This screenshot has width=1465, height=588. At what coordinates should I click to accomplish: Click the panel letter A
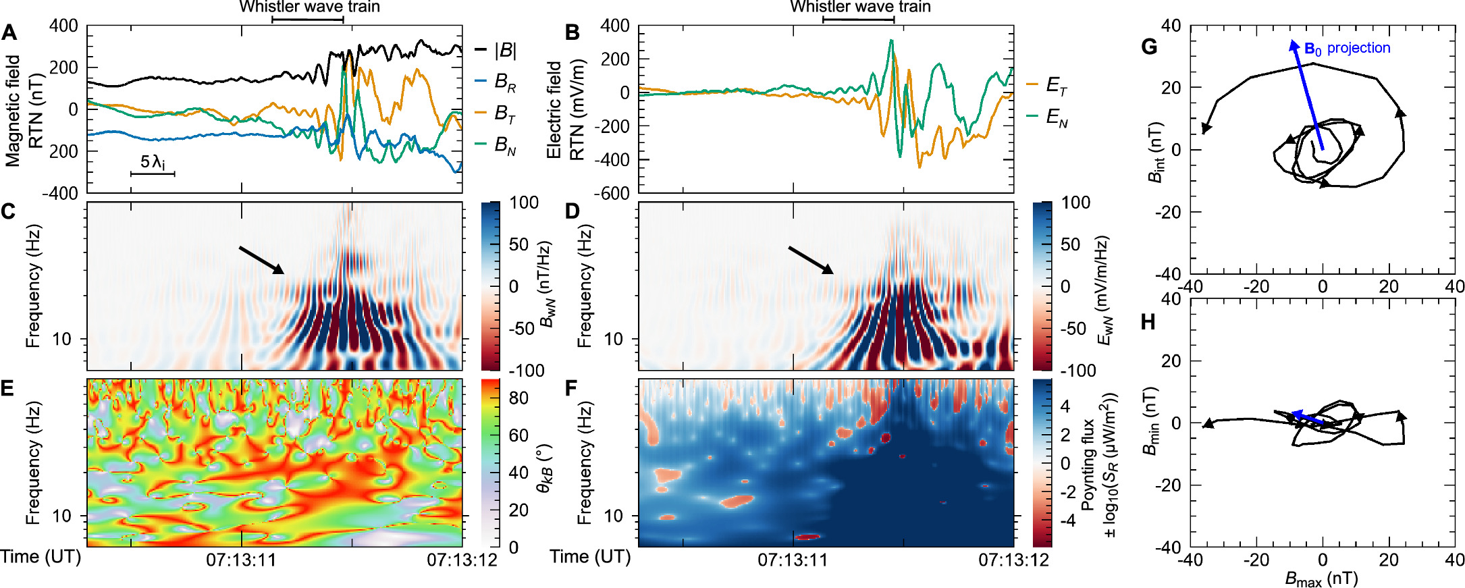[x=9, y=32]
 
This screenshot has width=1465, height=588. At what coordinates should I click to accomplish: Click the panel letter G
[x=1148, y=47]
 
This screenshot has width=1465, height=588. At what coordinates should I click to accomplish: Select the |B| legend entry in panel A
[x=505, y=50]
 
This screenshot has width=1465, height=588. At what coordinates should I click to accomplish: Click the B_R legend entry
[x=505, y=82]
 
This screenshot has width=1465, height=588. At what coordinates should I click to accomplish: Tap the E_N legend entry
[x=1056, y=117]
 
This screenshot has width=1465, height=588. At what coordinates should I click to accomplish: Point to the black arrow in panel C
[x=261, y=260]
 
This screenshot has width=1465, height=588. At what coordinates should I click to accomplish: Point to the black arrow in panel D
[x=811, y=260]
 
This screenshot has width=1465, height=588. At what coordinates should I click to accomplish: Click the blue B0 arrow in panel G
[x=1307, y=95]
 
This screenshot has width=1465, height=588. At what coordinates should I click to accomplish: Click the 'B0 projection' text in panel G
[x=1347, y=49]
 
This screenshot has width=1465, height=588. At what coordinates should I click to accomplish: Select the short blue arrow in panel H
[x=1307, y=418]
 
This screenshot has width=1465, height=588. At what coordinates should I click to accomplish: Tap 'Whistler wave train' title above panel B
[x=860, y=7]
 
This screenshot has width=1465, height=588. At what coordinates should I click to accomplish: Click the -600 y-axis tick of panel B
[x=614, y=193]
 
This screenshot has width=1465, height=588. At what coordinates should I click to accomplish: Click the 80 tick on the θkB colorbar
[x=518, y=398]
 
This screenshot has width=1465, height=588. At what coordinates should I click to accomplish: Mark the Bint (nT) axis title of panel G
[x=1156, y=152]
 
